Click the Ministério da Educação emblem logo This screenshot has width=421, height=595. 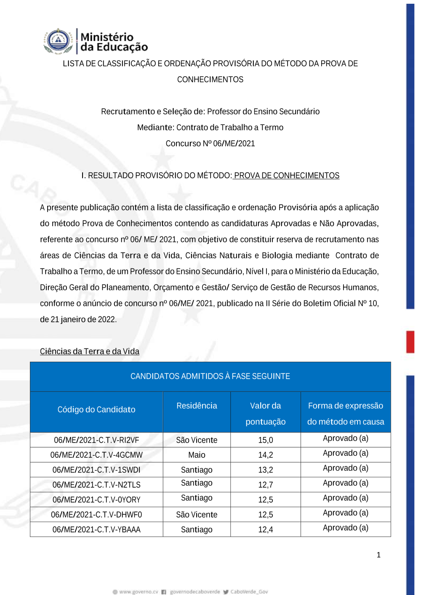(58, 41)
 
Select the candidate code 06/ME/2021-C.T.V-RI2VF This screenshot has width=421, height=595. (96, 440)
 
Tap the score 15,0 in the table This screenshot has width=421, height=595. (266, 440)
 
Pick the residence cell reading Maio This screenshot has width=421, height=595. (197, 455)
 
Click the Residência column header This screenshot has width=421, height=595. (197, 406)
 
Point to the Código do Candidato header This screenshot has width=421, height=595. (96, 409)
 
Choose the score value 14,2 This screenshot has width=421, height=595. (266, 455)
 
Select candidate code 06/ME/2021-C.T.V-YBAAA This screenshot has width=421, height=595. (96, 530)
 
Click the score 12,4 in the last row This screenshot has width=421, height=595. (266, 530)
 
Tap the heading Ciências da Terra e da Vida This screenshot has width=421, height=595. (90, 351)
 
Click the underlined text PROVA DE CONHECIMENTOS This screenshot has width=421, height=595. (286, 175)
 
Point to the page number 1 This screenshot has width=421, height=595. (378, 555)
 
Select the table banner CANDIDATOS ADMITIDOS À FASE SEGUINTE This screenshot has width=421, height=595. (210, 376)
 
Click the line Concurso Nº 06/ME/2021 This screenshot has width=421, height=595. (210, 143)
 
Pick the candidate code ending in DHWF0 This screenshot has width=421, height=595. (96, 515)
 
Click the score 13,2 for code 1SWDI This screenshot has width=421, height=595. (266, 470)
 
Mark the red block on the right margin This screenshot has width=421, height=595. (410, 342)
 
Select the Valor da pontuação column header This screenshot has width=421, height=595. (266, 413)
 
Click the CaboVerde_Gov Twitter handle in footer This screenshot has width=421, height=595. (249, 592)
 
